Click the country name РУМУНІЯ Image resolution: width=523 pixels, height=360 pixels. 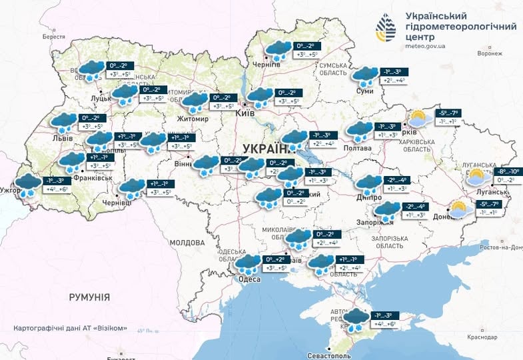[x=89, y=297]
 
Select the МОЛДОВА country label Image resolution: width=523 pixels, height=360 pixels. [x=186, y=243]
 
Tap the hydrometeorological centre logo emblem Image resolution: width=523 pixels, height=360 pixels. [x=388, y=29]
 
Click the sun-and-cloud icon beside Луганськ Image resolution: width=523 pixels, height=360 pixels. [x=476, y=177]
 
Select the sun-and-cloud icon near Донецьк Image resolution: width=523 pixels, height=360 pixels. [x=457, y=209]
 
